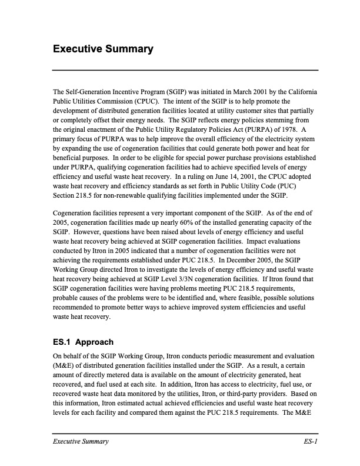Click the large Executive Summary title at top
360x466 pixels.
[103, 49]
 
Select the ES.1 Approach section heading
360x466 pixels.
[83, 342]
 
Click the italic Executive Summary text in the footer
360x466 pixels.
[81, 441]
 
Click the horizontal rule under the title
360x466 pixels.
[185, 70]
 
